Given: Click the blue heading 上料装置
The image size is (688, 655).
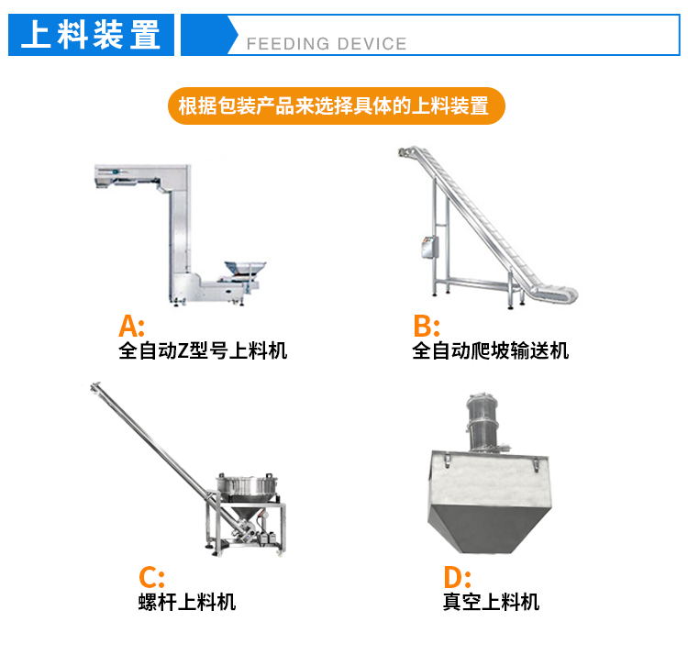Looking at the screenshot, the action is pyautogui.click(x=91, y=35).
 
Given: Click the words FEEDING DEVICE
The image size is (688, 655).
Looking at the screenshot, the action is pyautogui.click(x=327, y=44).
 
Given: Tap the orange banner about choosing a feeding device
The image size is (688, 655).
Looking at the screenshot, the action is pyautogui.click(x=337, y=105).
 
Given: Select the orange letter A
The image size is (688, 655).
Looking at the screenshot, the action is pyautogui.click(x=128, y=326).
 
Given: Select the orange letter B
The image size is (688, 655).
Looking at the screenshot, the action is pyautogui.click(x=423, y=326).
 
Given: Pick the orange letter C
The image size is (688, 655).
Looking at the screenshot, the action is pyautogui.click(x=149, y=577).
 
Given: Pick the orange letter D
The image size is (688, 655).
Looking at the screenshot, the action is pyautogui.click(x=454, y=577).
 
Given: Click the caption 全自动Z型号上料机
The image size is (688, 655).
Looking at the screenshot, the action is pyautogui.click(x=203, y=350).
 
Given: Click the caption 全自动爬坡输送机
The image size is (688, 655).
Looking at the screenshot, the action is pyautogui.click(x=490, y=350).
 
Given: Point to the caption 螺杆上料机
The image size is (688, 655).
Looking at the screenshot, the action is pyautogui.click(x=187, y=602).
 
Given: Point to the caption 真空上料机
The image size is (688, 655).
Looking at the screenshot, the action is pyautogui.click(x=491, y=602).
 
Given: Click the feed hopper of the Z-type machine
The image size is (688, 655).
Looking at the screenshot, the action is pyautogui.click(x=245, y=269).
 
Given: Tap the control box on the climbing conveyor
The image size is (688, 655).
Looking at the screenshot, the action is pyautogui.click(x=429, y=247).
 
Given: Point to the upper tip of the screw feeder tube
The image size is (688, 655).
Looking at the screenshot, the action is pyautogui.click(x=94, y=386).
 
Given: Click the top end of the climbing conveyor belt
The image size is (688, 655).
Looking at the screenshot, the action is pyautogui.click(x=405, y=151).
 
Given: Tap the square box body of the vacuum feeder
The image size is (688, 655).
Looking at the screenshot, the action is pyautogui.click(x=488, y=501).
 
